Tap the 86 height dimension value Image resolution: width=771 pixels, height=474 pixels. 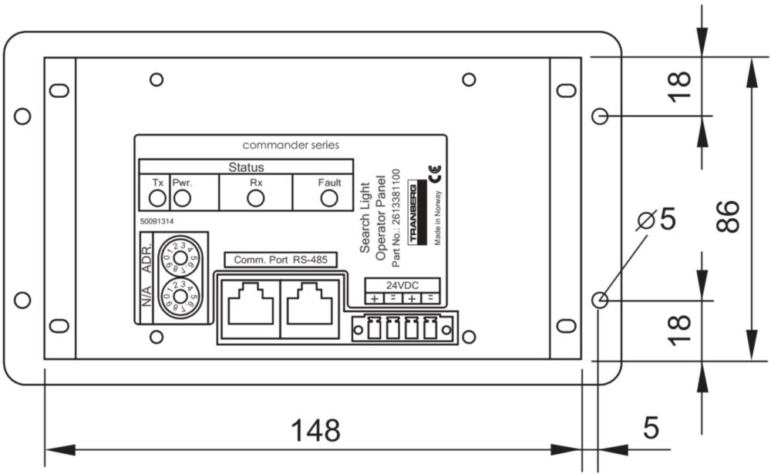(726, 217)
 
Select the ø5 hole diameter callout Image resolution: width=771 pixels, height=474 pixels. (656, 220)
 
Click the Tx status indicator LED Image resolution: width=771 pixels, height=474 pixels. (157, 198)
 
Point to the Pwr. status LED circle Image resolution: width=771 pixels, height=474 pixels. (183, 198)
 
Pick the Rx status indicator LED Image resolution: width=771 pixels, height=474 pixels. (256, 198)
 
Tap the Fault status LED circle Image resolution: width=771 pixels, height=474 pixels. (329, 198)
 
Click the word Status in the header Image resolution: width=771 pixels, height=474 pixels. (246, 166)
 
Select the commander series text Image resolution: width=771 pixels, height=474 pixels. (290, 145)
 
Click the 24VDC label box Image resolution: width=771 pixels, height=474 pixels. (402, 284)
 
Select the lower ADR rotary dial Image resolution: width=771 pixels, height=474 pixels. (179, 297)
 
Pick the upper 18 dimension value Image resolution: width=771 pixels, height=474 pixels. (680, 86)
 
